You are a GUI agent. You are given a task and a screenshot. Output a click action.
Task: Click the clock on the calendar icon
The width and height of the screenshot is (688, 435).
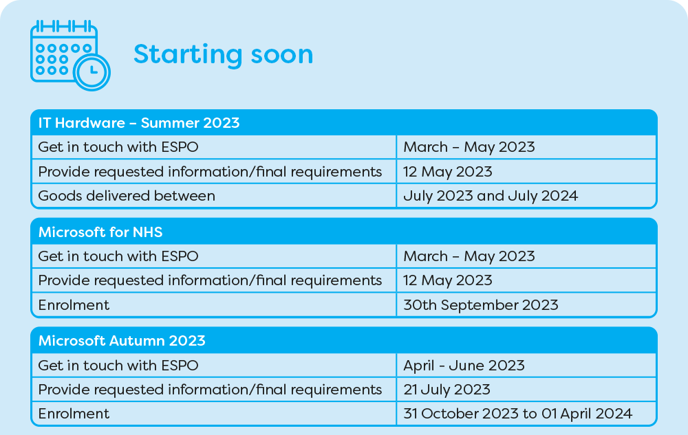coord(92,72)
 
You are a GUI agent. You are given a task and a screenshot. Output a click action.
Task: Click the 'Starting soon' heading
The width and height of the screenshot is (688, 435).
coord(224,54)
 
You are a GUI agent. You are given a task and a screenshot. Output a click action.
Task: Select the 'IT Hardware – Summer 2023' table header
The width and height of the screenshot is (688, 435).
coord(139,122)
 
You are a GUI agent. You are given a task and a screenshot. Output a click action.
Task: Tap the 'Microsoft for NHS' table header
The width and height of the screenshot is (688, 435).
coord(100,232)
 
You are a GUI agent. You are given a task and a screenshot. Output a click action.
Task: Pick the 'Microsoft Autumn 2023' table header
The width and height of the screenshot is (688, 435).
coord(122,340)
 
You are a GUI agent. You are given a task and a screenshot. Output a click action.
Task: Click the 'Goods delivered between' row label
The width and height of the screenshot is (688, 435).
coord(127,195)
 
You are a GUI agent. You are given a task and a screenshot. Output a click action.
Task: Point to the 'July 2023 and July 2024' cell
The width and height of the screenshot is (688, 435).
coord(491,196)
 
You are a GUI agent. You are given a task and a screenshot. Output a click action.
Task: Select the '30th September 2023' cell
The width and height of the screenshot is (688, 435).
coord(481,305)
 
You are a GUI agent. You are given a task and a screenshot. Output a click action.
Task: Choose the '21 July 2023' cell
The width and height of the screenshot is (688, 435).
coord(447,390)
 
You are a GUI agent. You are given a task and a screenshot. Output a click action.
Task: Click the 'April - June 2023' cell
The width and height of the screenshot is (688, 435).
coord(464,366)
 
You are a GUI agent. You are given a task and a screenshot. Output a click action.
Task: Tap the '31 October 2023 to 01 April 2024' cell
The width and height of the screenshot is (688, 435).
coord(518,414)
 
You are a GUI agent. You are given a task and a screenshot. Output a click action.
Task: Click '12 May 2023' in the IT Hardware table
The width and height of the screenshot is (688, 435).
coord(448,172)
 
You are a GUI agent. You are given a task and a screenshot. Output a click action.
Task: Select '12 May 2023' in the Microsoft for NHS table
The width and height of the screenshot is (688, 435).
coord(448,280)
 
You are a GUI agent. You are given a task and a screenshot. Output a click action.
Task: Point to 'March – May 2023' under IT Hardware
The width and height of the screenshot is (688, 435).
coord(469,147)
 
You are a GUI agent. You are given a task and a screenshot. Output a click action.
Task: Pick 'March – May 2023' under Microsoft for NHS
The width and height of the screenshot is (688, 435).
coord(469,256)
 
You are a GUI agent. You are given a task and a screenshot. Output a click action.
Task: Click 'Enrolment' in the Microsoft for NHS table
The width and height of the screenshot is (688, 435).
coord(74,305)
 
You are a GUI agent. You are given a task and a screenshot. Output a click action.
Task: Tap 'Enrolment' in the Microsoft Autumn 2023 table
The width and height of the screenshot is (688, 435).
coord(74,414)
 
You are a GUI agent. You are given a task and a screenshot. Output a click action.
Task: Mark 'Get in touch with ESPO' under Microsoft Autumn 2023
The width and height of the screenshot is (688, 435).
coord(118,366)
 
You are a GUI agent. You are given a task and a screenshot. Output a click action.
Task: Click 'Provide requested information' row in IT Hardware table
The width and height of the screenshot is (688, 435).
coord(210,172)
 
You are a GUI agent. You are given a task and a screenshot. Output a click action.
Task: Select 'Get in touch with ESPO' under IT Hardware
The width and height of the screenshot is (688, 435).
coord(118,147)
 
